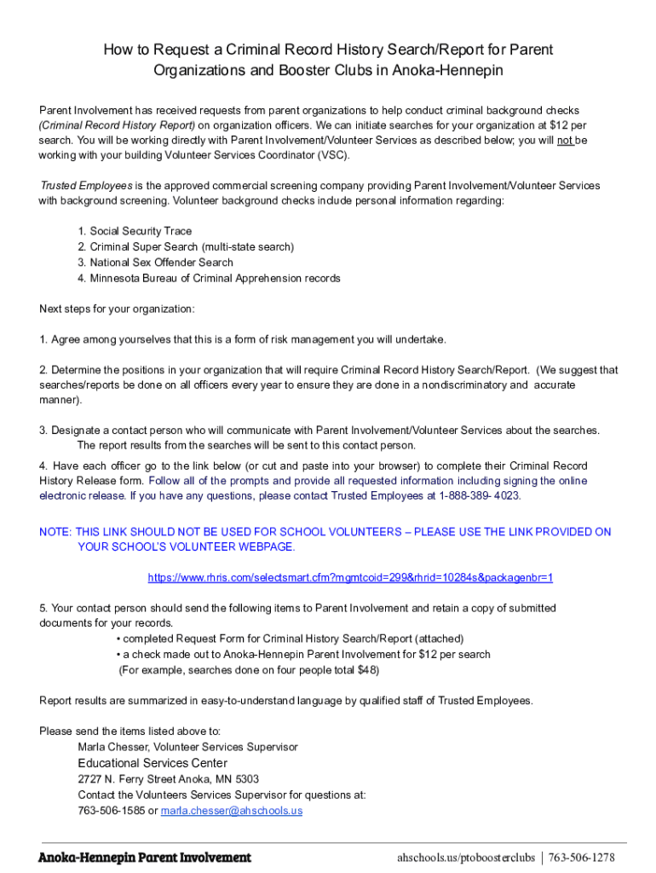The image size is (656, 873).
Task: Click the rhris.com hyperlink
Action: (350, 577)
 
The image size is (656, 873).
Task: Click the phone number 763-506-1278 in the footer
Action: (582, 857)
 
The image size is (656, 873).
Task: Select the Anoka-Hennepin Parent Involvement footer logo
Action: (145, 857)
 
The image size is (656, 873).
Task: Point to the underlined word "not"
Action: (565, 140)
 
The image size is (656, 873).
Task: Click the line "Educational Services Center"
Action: (152, 763)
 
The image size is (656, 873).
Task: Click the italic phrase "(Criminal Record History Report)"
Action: (118, 125)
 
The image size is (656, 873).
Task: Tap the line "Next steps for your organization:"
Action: (117, 309)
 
